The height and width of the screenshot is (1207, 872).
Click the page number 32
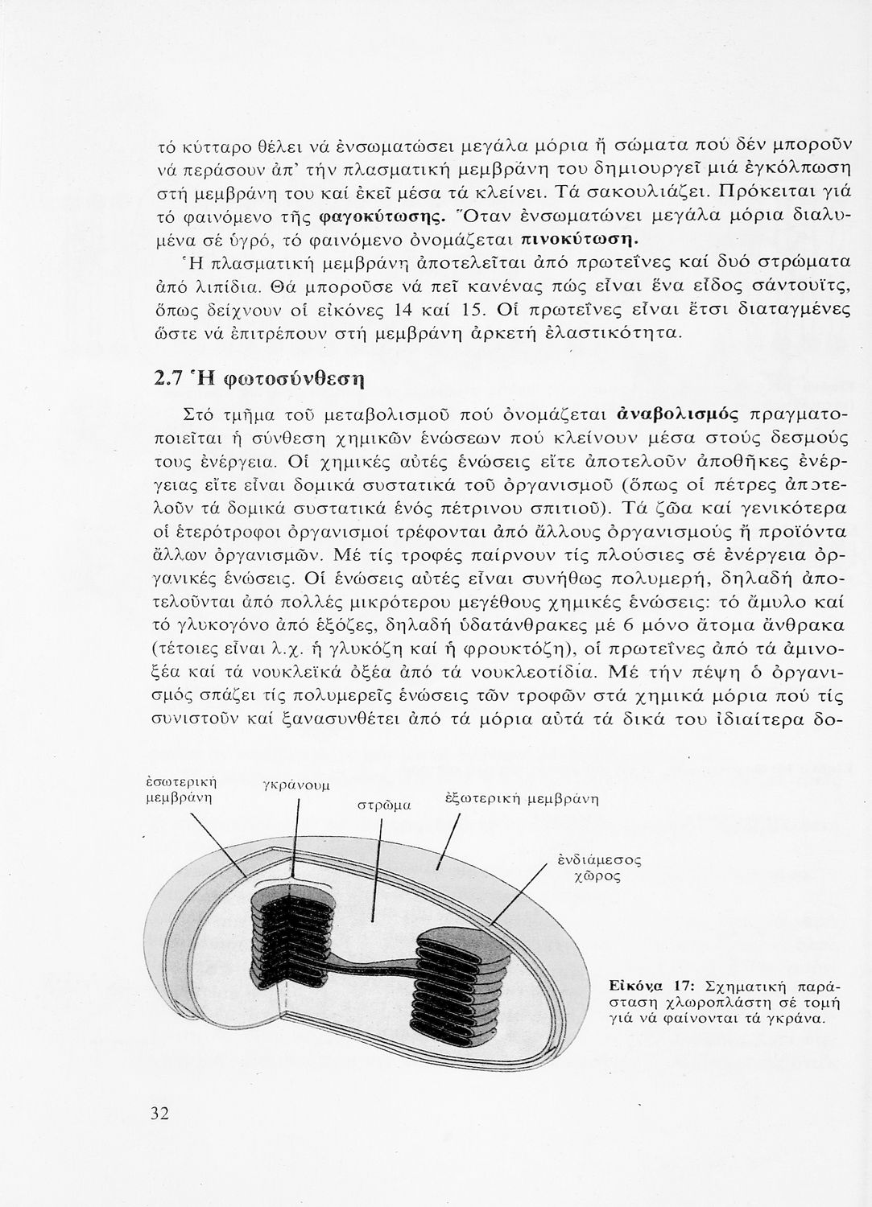click(x=158, y=1114)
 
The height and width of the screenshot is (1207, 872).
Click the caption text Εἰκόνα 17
click(x=651, y=986)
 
